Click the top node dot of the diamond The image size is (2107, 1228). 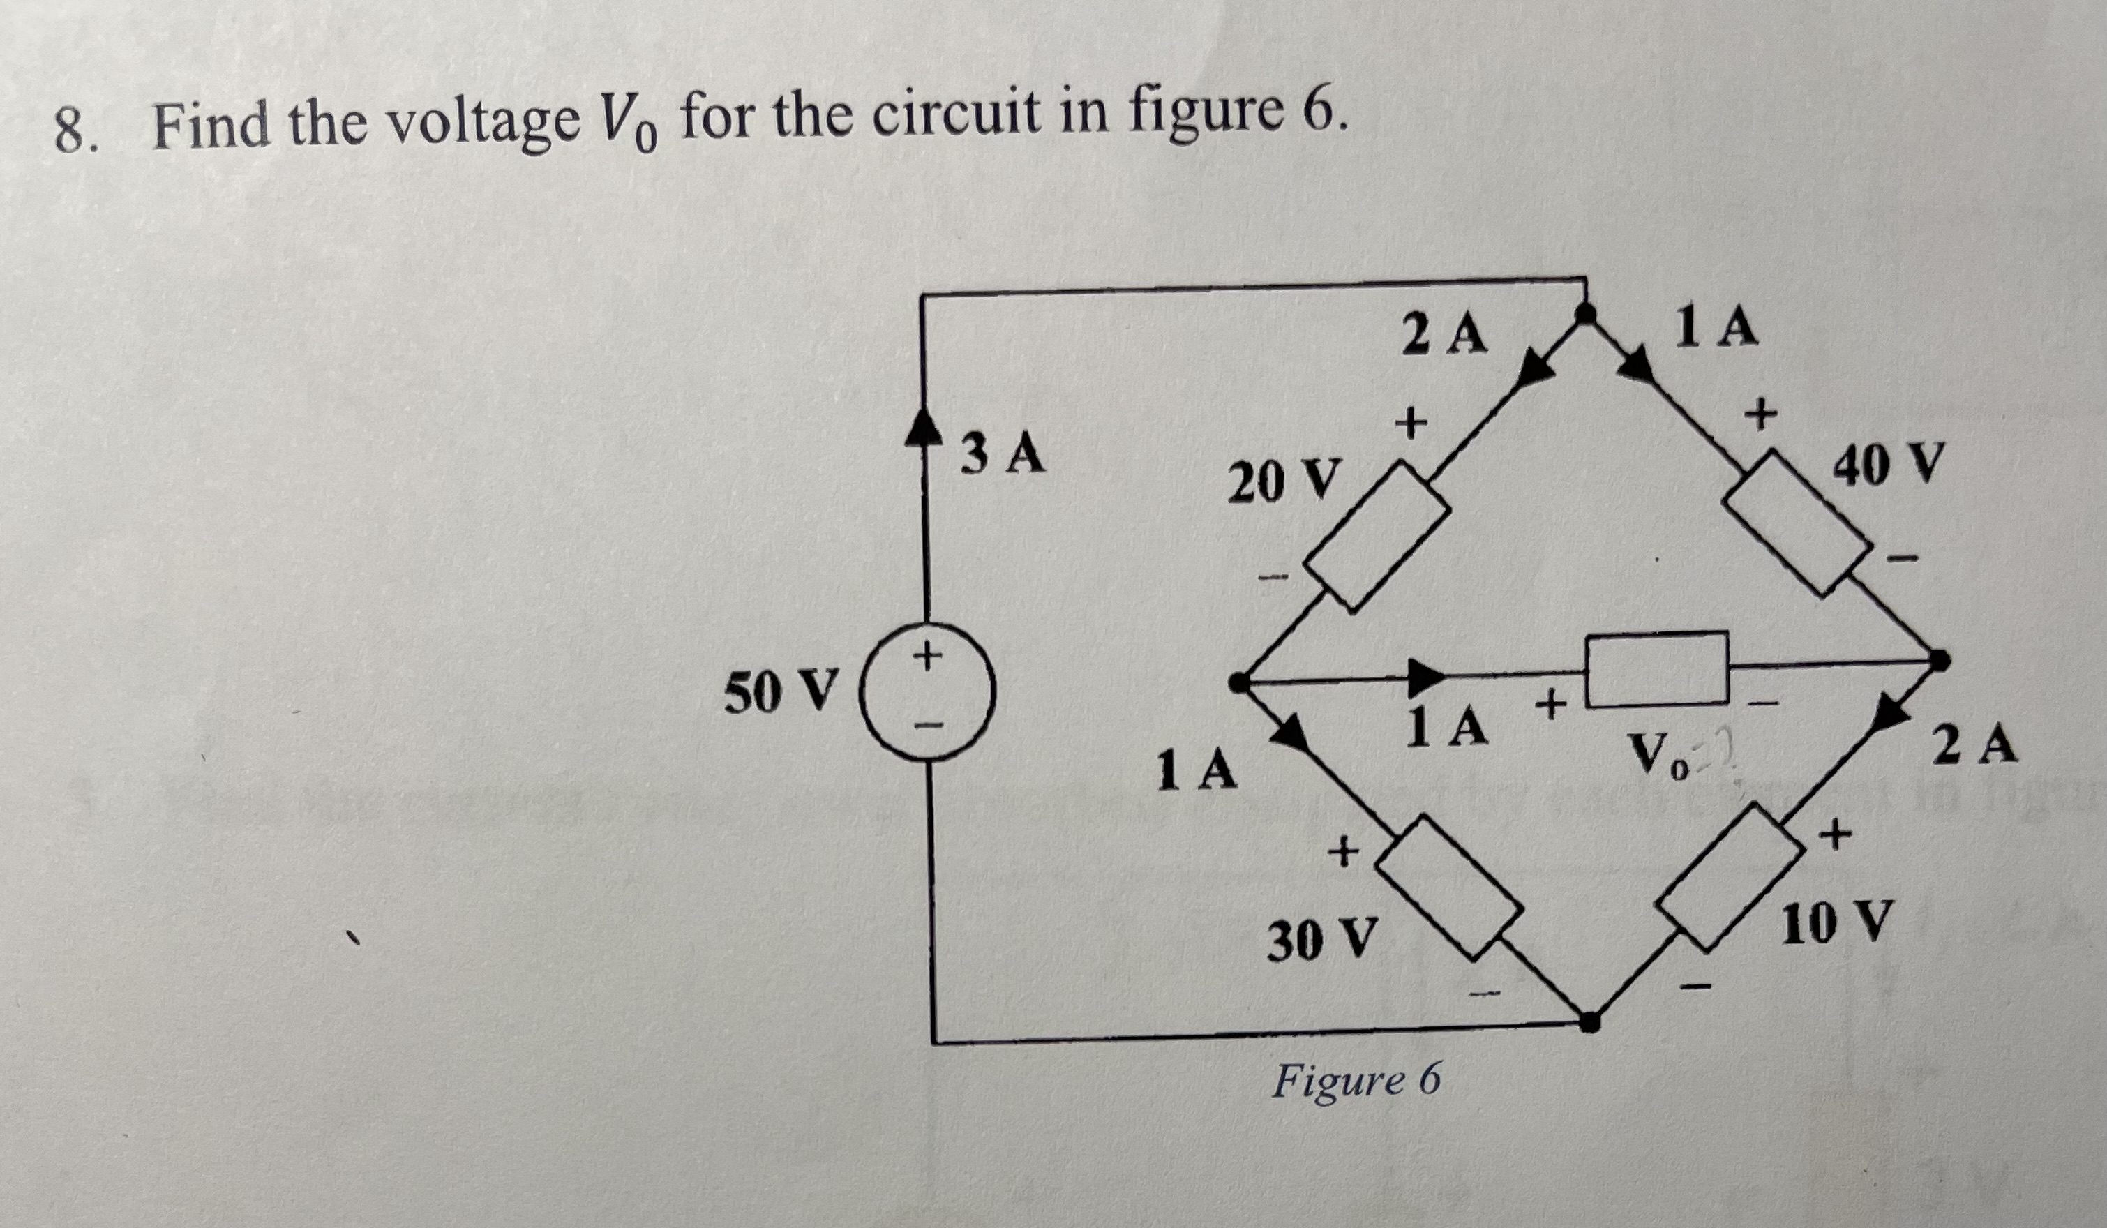[x=1583, y=314]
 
